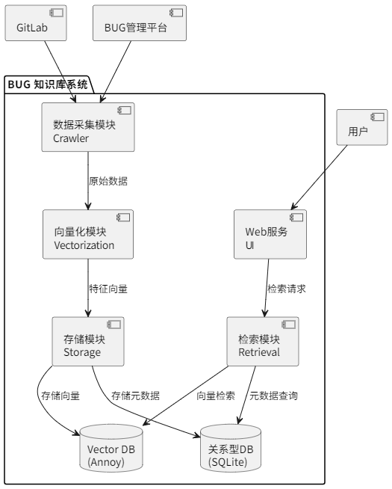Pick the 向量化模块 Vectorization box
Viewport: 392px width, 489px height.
click(x=88, y=234)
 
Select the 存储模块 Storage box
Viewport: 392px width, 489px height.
click(x=88, y=342)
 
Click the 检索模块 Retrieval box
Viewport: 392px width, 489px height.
click(x=263, y=342)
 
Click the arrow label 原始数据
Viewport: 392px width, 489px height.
click(x=108, y=181)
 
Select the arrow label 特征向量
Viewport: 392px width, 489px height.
click(x=108, y=288)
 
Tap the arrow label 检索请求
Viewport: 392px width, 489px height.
click(x=287, y=288)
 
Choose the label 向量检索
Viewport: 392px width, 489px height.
click(x=216, y=396)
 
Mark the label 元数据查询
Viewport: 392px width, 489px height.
click(x=274, y=396)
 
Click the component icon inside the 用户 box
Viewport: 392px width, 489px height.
click(x=379, y=117)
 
